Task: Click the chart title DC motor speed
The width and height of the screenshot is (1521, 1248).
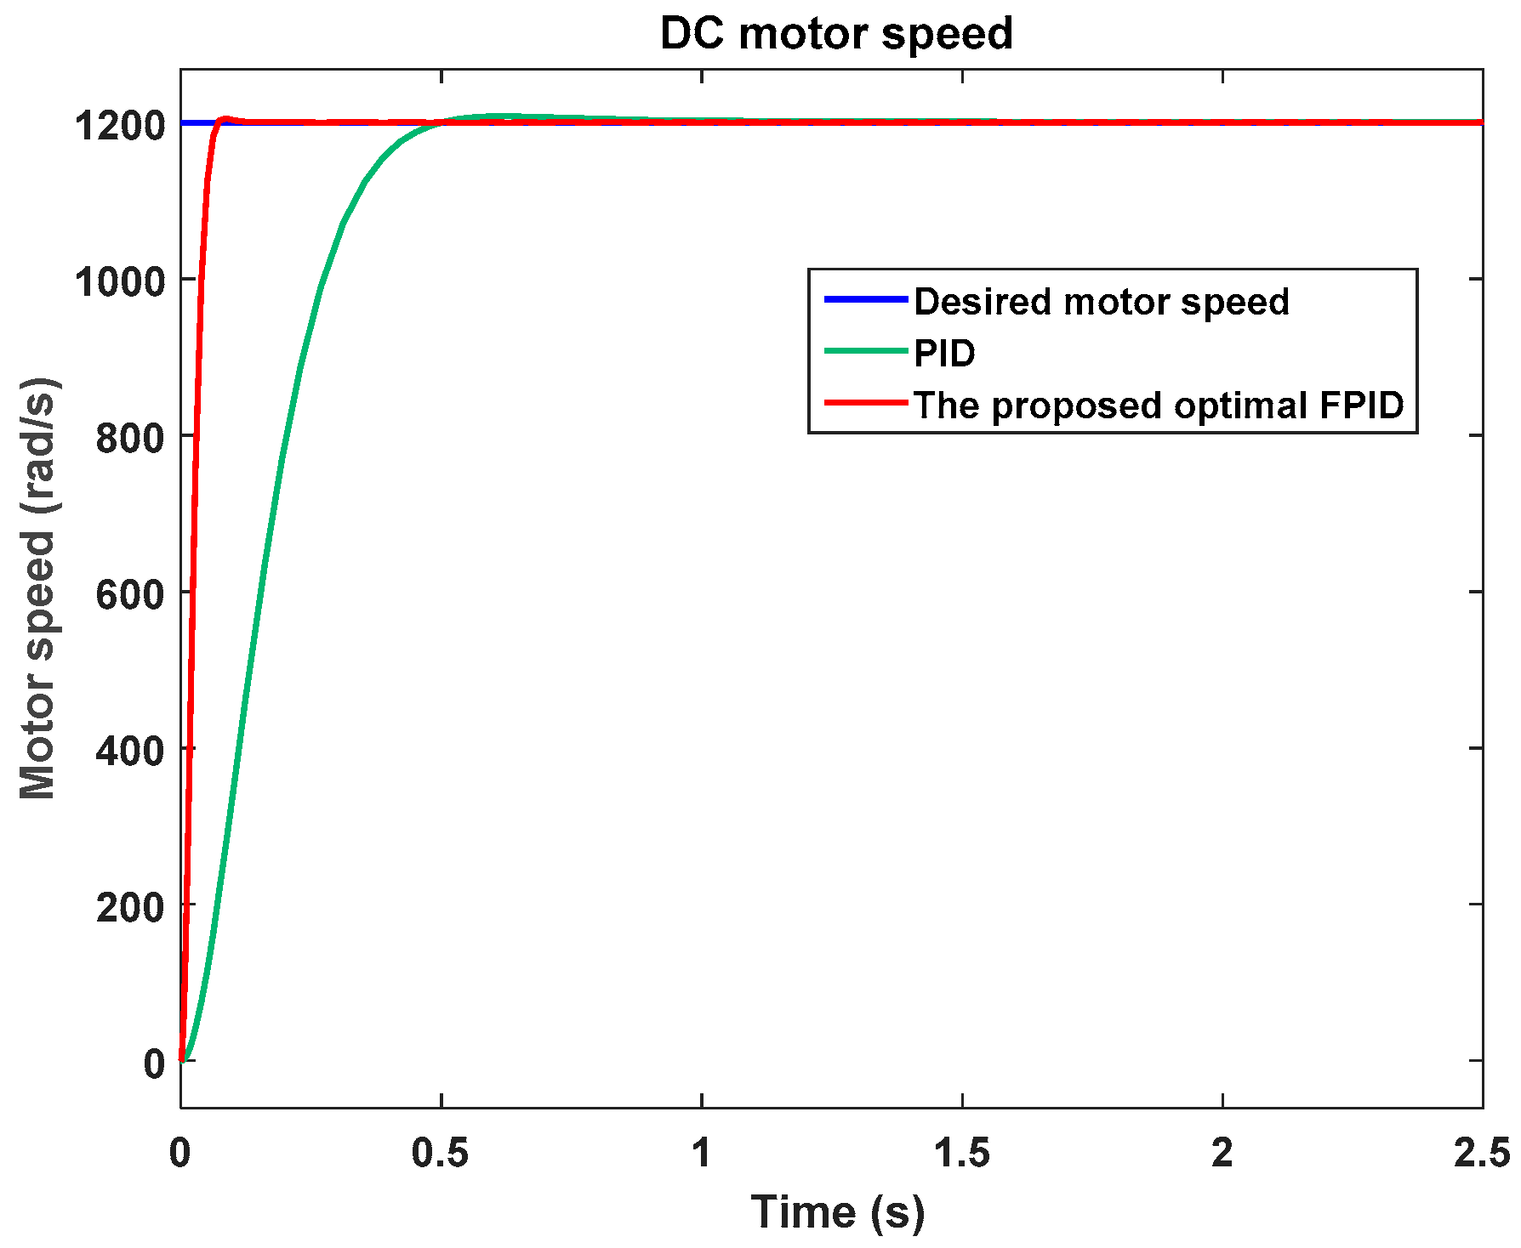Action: [836, 34]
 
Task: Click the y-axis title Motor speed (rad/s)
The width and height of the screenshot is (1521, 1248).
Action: [38, 588]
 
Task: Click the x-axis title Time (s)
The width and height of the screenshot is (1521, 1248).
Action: [837, 1211]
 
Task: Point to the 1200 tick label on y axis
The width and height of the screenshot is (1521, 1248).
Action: [119, 126]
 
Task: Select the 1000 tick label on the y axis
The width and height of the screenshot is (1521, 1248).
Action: [119, 281]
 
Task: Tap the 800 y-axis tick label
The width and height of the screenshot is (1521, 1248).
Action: [129, 438]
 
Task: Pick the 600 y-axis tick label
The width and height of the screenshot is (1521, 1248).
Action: [129, 594]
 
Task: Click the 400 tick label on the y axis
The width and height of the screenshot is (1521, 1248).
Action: [129, 751]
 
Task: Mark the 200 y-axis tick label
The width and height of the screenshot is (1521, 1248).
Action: [129, 907]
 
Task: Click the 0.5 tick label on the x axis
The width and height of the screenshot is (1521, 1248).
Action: [441, 1153]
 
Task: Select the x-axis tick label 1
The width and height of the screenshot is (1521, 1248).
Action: [701, 1153]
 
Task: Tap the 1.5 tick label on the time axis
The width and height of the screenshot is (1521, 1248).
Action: [962, 1153]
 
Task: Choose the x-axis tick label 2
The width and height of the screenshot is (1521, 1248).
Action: [1222, 1153]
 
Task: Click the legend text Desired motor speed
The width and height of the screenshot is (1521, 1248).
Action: [1101, 302]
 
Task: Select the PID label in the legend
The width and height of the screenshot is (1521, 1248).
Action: [944, 353]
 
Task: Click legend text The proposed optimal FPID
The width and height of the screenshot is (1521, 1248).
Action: [1158, 405]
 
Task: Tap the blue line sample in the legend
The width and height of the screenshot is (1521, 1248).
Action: [866, 299]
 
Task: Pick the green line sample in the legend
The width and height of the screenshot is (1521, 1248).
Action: [866, 350]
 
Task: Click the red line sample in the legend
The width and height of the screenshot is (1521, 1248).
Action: [866, 402]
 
